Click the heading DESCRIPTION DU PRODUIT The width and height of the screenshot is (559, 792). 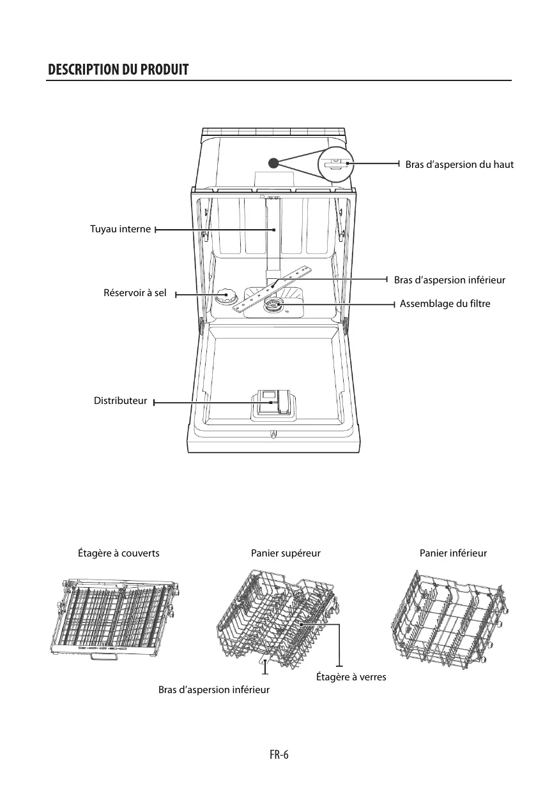(x=118, y=70)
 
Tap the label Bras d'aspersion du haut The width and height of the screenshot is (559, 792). (x=459, y=165)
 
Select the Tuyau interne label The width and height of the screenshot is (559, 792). (x=121, y=229)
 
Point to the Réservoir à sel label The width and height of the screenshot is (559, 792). (x=135, y=293)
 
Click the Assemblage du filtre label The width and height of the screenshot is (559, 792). (x=445, y=304)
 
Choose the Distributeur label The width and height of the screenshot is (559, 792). (x=120, y=401)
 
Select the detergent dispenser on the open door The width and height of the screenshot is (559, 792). (x=272, y=404)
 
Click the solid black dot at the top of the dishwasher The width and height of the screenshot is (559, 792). (x=273, y=163)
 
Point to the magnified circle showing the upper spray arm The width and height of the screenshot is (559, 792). (x=336, y=164)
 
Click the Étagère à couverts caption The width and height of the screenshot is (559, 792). (x=118, y=553)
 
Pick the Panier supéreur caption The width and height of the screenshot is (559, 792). (x=286, y=553)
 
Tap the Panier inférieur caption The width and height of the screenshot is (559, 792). (x=453, y=553)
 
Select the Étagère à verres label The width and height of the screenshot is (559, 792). (x=351, y=676)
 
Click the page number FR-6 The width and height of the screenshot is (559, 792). (x=279, y=755)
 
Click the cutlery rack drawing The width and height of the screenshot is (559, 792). (x=114, y=619)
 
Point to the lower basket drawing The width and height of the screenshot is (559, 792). (x=449, y=619)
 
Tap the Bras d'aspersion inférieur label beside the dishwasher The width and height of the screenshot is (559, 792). (x=449, y=280)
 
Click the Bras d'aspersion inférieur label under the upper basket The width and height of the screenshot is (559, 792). (x=214, y=690)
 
